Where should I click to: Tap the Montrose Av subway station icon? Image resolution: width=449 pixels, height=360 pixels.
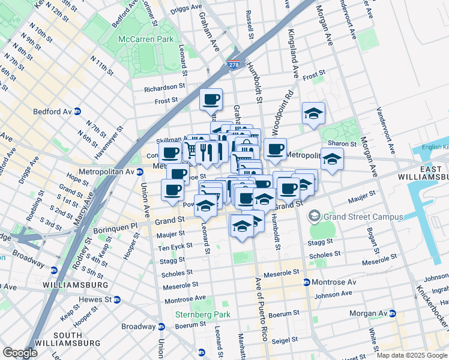click(306, 282)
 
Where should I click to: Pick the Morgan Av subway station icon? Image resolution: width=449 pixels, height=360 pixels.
click(393, 314)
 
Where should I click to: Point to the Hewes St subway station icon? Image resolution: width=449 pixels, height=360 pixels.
click(117, 299)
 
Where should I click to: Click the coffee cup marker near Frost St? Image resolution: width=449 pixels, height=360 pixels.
click(211, 99)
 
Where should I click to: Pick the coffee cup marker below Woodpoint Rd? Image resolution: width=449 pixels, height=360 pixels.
click(275, 149)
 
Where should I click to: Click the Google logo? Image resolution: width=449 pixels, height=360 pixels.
click(20, 353)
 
